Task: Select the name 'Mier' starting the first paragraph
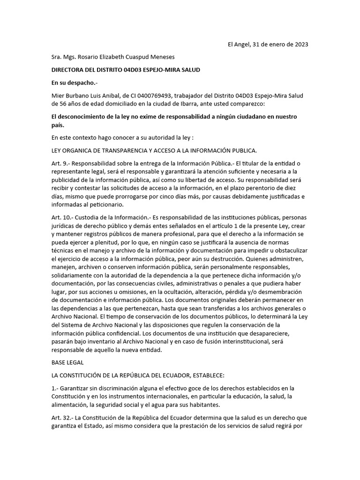pos(59,96)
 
